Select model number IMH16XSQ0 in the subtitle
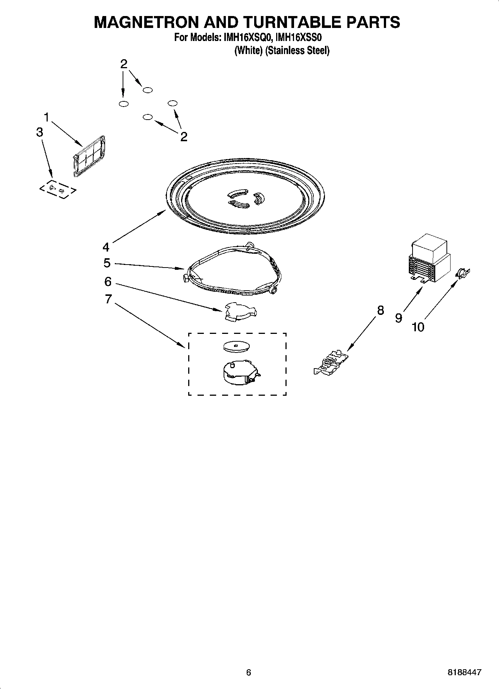click(x=247, y=38)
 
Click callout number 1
click(x=47, y=117)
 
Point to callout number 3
click(x=40, y=132)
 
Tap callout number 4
click(x=106, y=247)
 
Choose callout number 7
click(x=108, y=299)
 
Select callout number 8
click(x=380, y=310)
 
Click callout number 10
click(x=418, y=327)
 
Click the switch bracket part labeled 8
click(x=332, y=363)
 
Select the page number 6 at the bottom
click(x=249, y=672)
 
